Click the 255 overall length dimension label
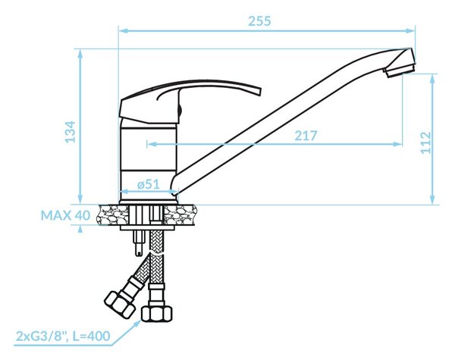[x=259, y=21]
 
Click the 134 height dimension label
[x=70, y=132]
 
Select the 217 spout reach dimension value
[x=306, y=136]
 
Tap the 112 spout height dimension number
[x=426, y=142]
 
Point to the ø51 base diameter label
[x=149, y=184]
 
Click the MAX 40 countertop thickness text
[x=65, y=215]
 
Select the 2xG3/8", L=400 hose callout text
[x=63, y=337]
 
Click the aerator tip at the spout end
[x=399, y=70]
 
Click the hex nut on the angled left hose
[x=119, y=303]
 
